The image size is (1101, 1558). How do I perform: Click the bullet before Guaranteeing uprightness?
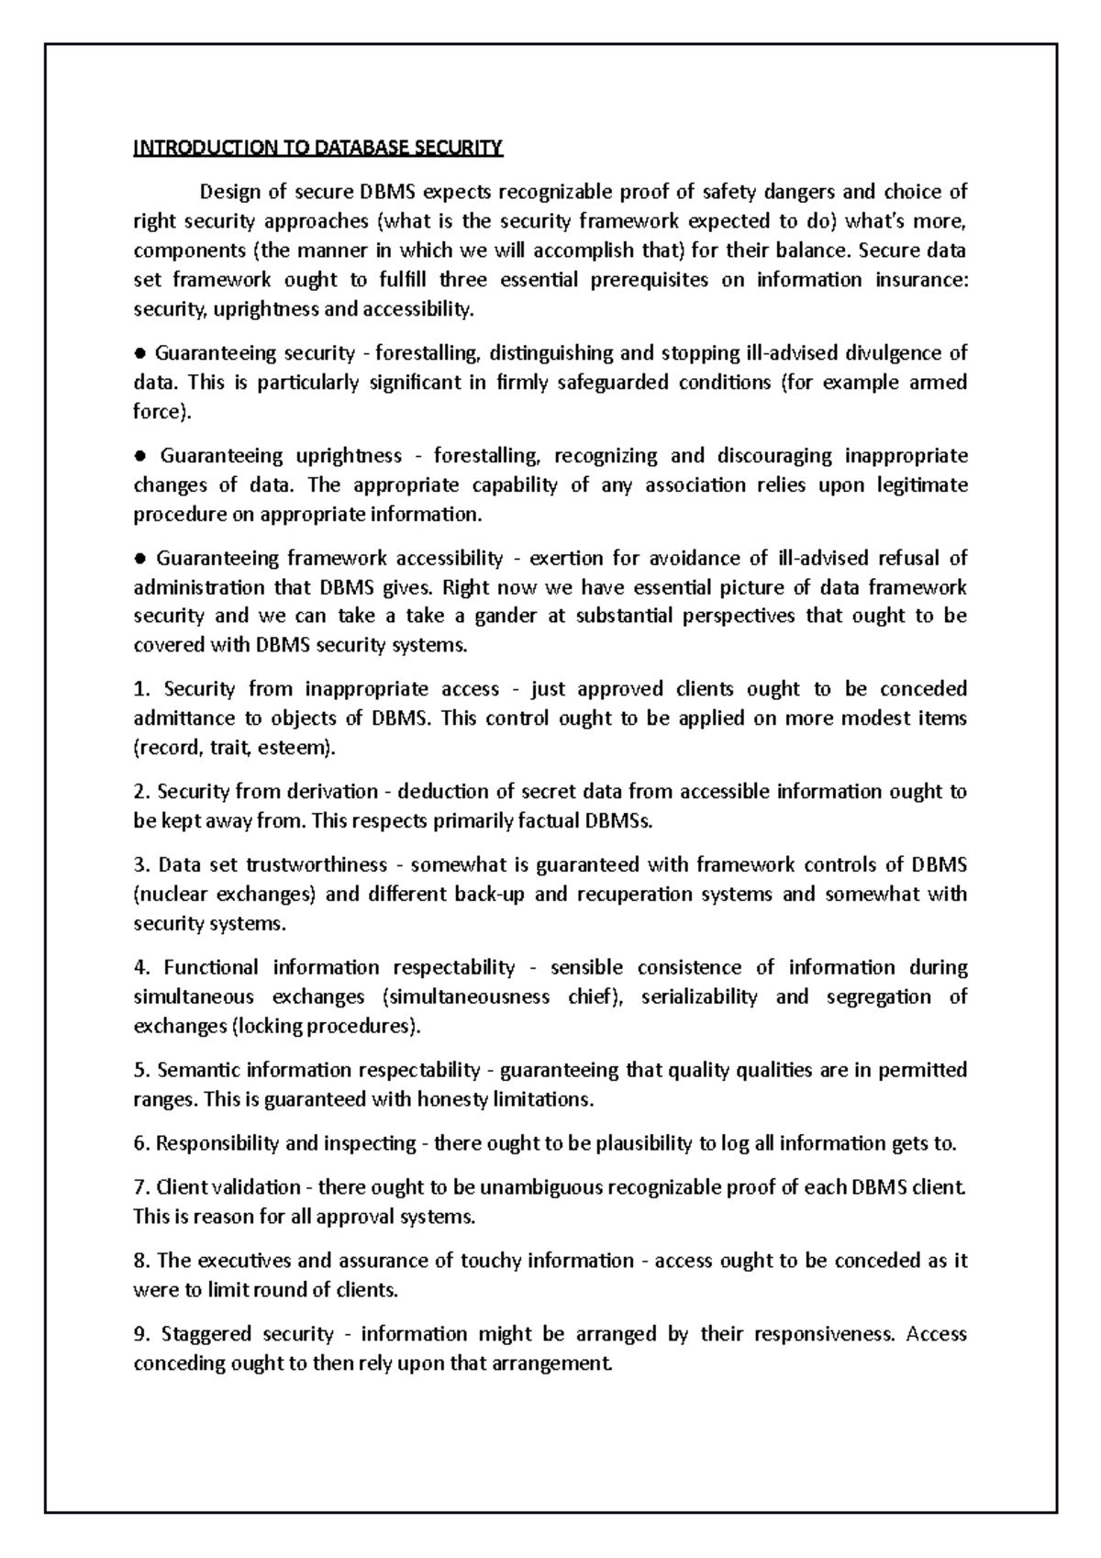point(140,455)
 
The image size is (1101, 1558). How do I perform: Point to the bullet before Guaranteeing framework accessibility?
point(140,558)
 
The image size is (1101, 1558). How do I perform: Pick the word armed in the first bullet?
point(937,382)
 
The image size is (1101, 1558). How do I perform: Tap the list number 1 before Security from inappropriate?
point(139,689)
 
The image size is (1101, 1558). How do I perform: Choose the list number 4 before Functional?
point(140,967)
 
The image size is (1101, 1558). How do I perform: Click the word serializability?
point(699,996)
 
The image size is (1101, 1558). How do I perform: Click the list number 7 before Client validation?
point(139,1187)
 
